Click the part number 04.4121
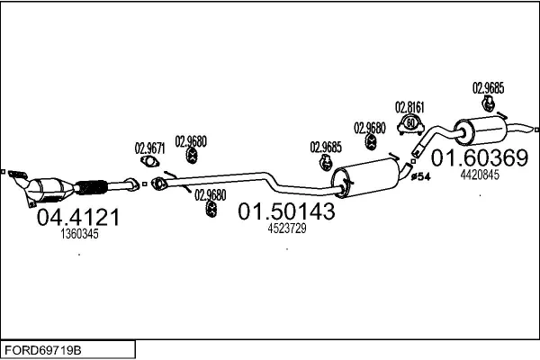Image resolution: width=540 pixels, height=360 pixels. tap(77, 217)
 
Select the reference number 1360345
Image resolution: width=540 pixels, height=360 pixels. tap(79, 234)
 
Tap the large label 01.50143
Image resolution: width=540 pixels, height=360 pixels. tap(286, 211)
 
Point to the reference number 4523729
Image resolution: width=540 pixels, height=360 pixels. tap(287, 229)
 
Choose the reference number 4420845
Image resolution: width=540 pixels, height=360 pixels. tap(479, 175)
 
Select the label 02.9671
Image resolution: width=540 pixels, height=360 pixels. tap(149, 148)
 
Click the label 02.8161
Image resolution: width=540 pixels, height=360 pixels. tap(409, 106)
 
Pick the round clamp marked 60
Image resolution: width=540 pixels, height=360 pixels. tap(410, 122)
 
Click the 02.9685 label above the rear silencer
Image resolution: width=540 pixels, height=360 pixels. tap(488, 87)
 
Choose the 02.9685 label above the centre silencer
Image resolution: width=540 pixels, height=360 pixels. tap(325, 147)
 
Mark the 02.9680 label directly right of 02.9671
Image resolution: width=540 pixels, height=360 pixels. tap(191, 140)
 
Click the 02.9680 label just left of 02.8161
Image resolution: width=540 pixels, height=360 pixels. tap(369, 127)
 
